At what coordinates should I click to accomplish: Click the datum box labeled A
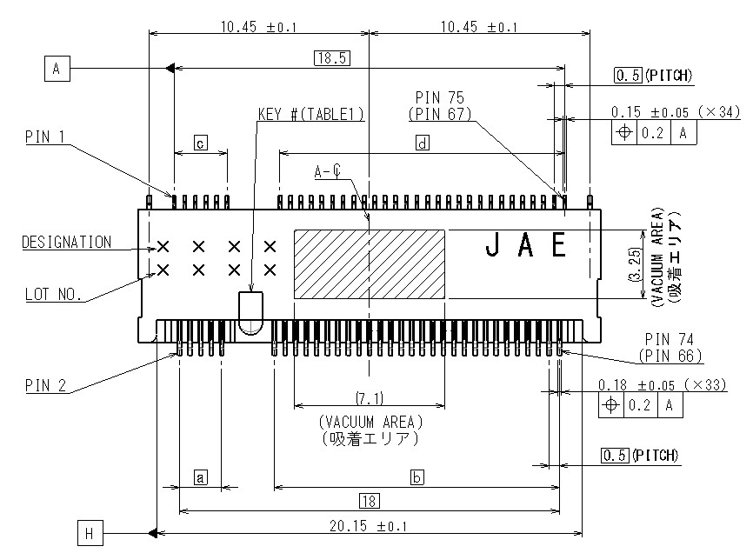56,68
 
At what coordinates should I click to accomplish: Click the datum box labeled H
90,532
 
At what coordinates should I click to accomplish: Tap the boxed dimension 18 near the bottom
369,500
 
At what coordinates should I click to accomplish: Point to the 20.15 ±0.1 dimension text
369,526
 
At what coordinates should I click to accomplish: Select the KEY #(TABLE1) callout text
310,114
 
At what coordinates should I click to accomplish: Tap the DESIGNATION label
66,243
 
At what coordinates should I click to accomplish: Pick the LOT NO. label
52,295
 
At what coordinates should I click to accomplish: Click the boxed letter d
422,143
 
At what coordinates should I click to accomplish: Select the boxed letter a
200,476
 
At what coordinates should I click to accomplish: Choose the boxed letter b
416,477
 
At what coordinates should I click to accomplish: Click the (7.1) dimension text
370,398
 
